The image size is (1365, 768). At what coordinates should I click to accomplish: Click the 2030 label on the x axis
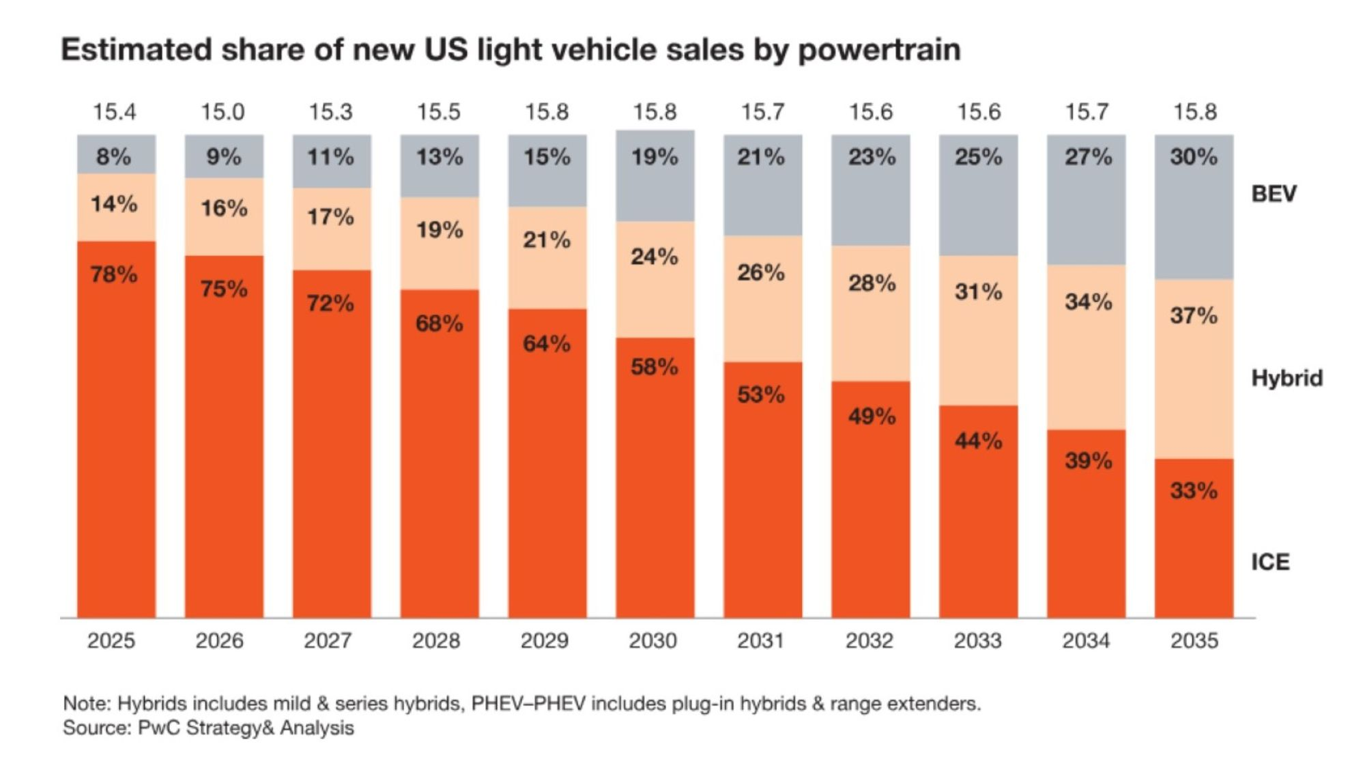tap(652, 640)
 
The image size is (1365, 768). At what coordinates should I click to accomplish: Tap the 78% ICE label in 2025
tap(114, 274)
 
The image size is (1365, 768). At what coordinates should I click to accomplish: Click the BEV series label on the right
tap(1274, 194)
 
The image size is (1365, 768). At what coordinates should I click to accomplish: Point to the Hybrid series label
tap(1287, 378)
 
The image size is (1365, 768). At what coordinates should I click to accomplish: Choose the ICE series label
tap(1270, 562)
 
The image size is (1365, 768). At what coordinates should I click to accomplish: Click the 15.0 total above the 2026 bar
tap(222, 111)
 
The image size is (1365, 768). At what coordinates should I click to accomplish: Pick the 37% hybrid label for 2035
tap(1194, 315)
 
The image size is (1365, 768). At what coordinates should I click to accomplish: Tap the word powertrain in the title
tap(879, 50)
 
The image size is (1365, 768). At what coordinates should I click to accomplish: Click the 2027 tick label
tap(328, 640)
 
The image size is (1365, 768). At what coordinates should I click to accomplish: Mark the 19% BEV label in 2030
tap(655, 157)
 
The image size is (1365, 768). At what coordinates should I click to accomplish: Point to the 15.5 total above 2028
tap(439, 111)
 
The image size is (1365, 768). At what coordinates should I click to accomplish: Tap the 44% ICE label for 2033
tap(978, 441)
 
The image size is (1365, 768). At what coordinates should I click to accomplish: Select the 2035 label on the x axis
tap(1194, 640)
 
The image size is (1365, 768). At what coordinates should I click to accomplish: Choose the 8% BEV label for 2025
tap(113, 156)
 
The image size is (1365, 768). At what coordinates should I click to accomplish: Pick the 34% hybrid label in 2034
tap(1088, 301)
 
